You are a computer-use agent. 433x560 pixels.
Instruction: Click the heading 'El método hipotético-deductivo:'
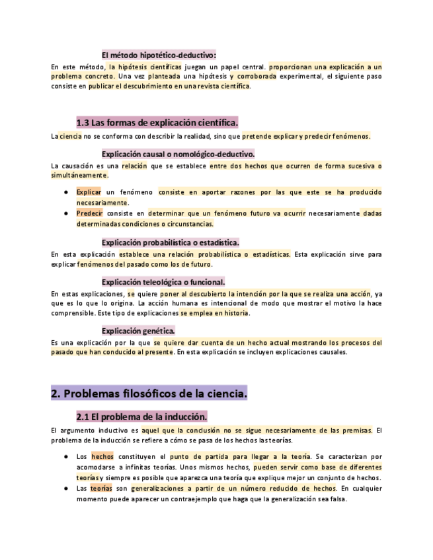(159, 54)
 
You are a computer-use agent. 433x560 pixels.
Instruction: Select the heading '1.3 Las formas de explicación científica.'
(157, 123)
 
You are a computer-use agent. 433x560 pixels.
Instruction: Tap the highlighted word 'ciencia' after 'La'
(70, 136)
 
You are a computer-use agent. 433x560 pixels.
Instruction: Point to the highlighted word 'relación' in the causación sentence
(134, 166)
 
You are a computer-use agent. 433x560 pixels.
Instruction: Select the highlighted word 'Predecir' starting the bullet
(89, 213)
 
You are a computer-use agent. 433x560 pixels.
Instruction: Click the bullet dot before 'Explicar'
(67, 192)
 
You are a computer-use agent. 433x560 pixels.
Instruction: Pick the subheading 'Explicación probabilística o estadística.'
(170, 242)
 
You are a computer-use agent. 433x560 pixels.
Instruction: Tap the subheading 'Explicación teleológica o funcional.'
(163, 281)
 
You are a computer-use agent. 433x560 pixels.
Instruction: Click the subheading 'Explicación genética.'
(138, 330)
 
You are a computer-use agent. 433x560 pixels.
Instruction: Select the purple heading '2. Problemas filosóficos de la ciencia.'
(149, 394)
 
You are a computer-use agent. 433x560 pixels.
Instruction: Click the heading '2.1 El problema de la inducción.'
(142, 417)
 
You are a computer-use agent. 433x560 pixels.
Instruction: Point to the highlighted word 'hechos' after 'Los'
(102, 456)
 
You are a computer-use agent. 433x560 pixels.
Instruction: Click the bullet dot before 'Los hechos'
(67, 456)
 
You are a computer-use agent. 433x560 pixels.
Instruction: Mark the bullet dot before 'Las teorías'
(67, 488)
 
